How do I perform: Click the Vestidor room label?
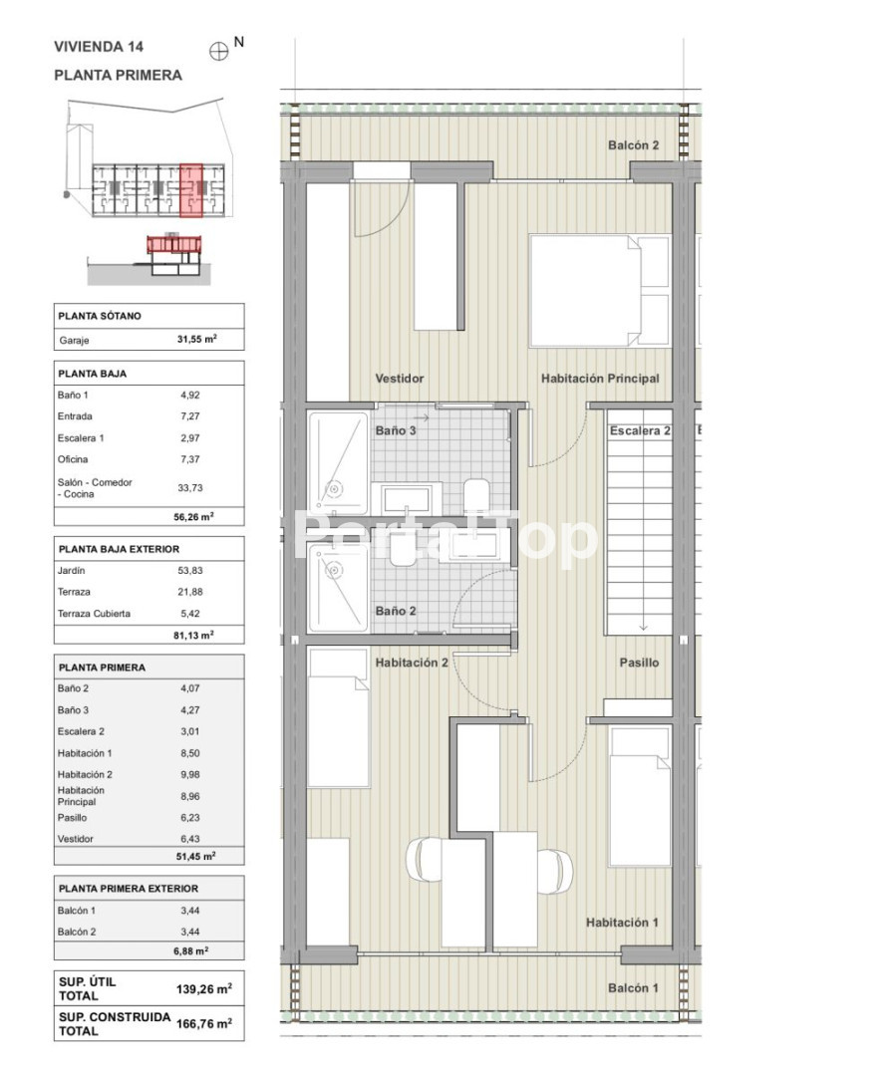pos(400,379)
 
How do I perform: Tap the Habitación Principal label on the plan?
pos(600,379)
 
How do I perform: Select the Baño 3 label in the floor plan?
pos(396,430)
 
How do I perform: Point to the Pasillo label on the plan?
pos(639,663)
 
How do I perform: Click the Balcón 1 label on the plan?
pos(633,987)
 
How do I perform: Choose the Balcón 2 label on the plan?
pos(634,144)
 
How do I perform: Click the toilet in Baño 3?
pos(476,495)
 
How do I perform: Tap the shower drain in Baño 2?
pos(334,570)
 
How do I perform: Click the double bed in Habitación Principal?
pos(599,291)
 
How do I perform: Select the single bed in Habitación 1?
pos(640,797)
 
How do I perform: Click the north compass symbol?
pos(218,52)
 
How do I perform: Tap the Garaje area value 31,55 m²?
pos(197,339)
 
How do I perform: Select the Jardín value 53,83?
pos(190,570)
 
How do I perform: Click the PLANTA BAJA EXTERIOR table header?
pos(119,549)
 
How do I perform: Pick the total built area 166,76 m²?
pos(204,1024)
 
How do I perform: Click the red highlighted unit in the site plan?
pos(191,190)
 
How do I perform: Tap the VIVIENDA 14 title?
pos(99,47)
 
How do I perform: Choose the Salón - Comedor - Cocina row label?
pos(95,488)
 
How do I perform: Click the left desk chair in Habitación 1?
pos(423,858)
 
